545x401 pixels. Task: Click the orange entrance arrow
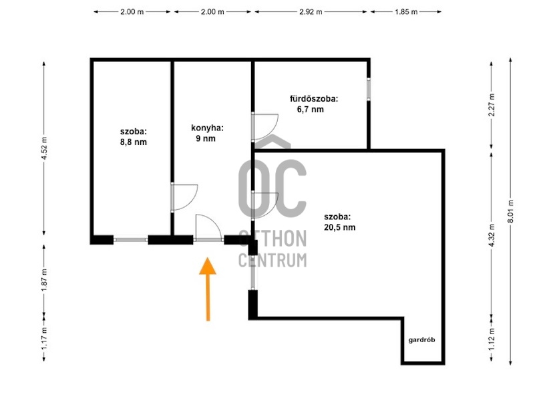pyautogui.click(x=208, y=289)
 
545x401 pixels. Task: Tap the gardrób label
pyautogui.click(x=421, y=340)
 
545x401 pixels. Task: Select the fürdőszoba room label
pyautogui.click(x=314, y=99)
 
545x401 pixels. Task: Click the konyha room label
pyautogui.click(x=208, y=128)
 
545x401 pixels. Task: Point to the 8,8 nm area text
pyautogui.click(x=134, y=142)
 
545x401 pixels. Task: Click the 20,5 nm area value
pyautogui.click(x=339, y=227)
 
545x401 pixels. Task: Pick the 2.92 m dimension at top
pyautogui.click(x=311, y=12)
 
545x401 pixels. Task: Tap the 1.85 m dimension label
pyautogui.click(x=406, y=12)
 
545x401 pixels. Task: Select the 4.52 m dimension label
pyautogui.click(x=44, y=148)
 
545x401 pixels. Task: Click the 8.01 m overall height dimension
pyautogui.click(x=510, y=211)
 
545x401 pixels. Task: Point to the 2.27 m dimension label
pyautogui.click(x=492, y=106)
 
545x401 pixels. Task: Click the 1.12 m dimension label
pyautogui.click(x=492, y=340)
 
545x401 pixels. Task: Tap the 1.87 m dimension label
pyautogui.click(x=44, y=280)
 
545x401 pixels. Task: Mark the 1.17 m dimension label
pyautogui.click(x=44, y=340)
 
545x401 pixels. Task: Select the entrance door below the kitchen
pyautogui.click(x=208, y=228)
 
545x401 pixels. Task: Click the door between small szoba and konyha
pyautogui.click(x=184, y=197)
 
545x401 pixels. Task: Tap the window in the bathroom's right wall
pyautogui.click(x=369, y=90)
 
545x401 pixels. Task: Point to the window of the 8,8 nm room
pyautogui.click(x=131, y=240)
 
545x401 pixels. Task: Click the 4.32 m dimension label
pyautogui.click(x=492, y=235)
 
